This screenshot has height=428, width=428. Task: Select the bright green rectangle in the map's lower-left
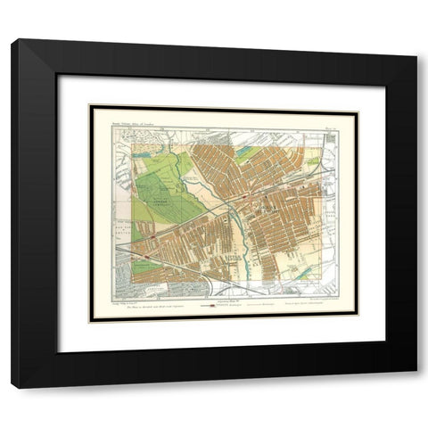coord(148,265)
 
